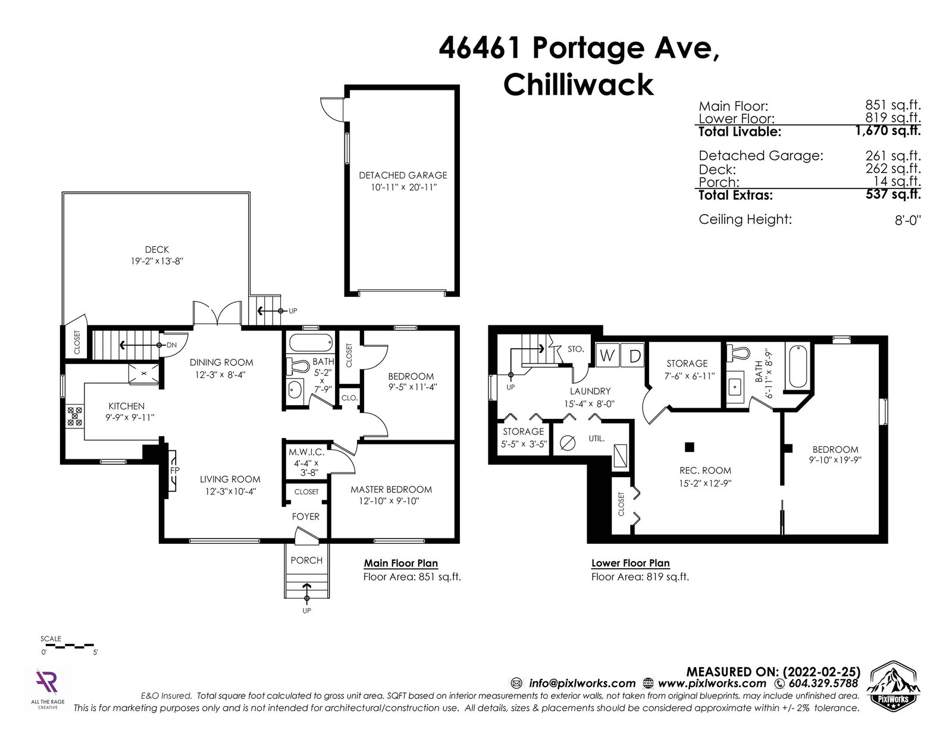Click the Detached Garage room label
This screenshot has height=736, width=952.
pyautogui.click(x=403, y=176)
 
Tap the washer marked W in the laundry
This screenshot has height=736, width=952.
pyautogui.click(x=607, y=355)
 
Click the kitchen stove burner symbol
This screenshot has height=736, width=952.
pyautogui.click(x=74, y=416)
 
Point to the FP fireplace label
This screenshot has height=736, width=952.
pyautogui.click(x=175, y=470)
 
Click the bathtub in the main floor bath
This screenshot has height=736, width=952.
pyautogui.click(x=311, y=343)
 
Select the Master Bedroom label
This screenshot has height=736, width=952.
pyautogui.click(x=392, y=489)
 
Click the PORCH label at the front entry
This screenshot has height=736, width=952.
pyautogui.click(x=306, y=560)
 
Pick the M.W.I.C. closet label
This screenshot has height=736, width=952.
pyautogui.click(x=306, y=452)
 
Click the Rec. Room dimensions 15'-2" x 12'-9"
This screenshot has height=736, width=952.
pyautogui.click(x=705, y=483)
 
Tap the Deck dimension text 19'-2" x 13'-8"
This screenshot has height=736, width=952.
pyautogui.click(x=157, y=261)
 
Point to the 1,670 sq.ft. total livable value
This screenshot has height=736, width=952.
pyautogui.click(x=888, y=130)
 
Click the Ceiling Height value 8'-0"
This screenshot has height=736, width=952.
pyautogui.click(x=908, y=220)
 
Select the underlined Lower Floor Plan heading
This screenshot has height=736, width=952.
pyautogui.click(x=631, y=563)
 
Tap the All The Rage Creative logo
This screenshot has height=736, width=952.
pyautogui.click(x=48, y=688)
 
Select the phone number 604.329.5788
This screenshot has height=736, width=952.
pyautogui.click(x=823, y=684)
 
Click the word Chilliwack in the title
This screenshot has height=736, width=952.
pyautogui.click(x=578, y=85)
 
